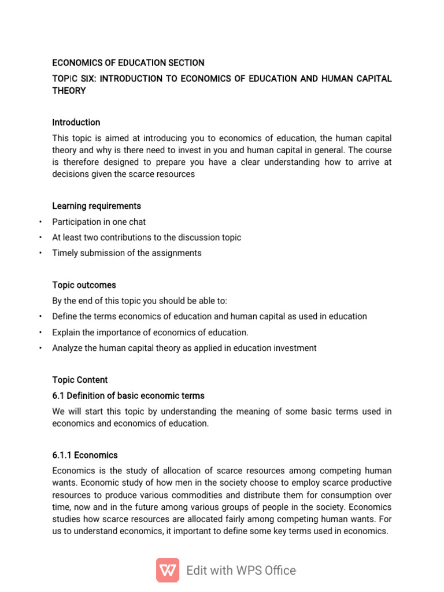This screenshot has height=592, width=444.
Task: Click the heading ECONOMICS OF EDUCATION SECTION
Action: point(128,62)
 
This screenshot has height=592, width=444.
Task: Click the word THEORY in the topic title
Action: point(69,91)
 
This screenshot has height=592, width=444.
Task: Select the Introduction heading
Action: point(76,123)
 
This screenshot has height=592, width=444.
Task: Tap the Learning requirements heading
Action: point(96,206)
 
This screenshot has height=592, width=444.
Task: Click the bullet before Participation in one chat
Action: point(40,222)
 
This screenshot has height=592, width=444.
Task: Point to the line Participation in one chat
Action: point(99,222)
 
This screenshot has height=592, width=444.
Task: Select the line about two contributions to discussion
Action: point(146,238)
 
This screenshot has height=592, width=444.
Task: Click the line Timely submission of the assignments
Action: point(127,253)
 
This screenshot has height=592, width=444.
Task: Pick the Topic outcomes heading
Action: point(84,285)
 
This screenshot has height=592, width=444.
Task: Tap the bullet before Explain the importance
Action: point(40,332)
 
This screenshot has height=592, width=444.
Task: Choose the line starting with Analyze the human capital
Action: point(184,348)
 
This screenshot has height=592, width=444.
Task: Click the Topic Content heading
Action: point(80,380)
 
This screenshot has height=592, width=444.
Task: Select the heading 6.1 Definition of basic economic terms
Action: point(128,396)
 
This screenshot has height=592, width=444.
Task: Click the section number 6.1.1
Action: point(62,455)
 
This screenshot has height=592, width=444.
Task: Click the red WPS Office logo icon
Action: point(168,570)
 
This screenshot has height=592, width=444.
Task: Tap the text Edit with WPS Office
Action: point(241,571)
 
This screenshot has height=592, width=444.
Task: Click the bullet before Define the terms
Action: point(40,317)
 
